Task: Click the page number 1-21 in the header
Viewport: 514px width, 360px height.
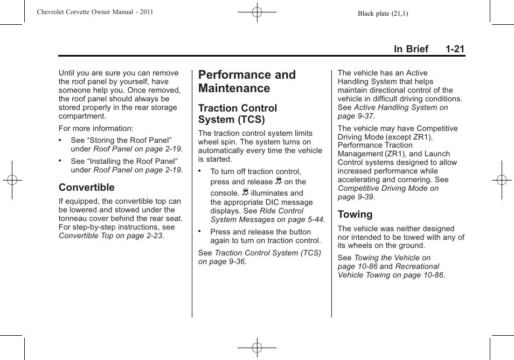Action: pyautogui.click(x=455, y=49)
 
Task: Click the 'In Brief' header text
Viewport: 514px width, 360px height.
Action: pyautogui.click(x=411, y=49)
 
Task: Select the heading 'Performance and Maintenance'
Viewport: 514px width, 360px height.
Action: pyautogui.click(x=247, y=81)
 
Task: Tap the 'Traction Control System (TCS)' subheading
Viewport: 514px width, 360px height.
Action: pyautogui.click(x=238, y=114)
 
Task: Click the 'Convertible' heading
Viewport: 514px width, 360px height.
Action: pyautogui.click(x=87, y=188)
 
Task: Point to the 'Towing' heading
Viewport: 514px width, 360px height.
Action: pyautogui.click(x=355, y=214)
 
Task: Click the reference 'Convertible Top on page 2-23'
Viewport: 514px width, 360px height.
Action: pyautogui.click(x=110, y=236)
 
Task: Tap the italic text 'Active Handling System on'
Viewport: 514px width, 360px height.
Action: pyautogui.click(x=401, y=108)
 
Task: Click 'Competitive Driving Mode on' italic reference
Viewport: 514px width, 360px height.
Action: pyautogui.click(x=388, y=189)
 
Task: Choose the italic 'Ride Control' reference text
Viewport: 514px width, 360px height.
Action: pyautogui.click(x=281, y=211)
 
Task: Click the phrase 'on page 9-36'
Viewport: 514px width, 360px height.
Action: pyautogui.click(x=221, y=262)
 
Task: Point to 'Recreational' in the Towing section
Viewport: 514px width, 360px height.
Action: pyautogui.click(x=417, y=267)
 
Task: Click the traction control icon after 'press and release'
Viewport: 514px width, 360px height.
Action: pyautogui.click(x=279, y=181)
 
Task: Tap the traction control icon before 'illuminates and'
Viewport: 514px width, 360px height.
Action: pyautogui.click(x=245, y=192)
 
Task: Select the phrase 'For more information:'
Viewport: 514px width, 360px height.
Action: pyautogui.click(x=96, y=129)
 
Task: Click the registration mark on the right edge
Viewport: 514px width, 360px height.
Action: pyautogui.click(x=501, y=180)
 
